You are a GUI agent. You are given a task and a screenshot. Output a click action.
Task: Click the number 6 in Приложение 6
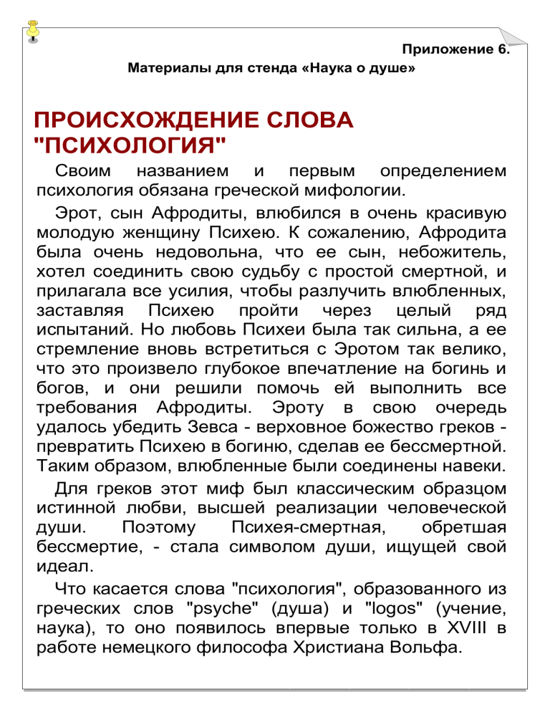[503, 49]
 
